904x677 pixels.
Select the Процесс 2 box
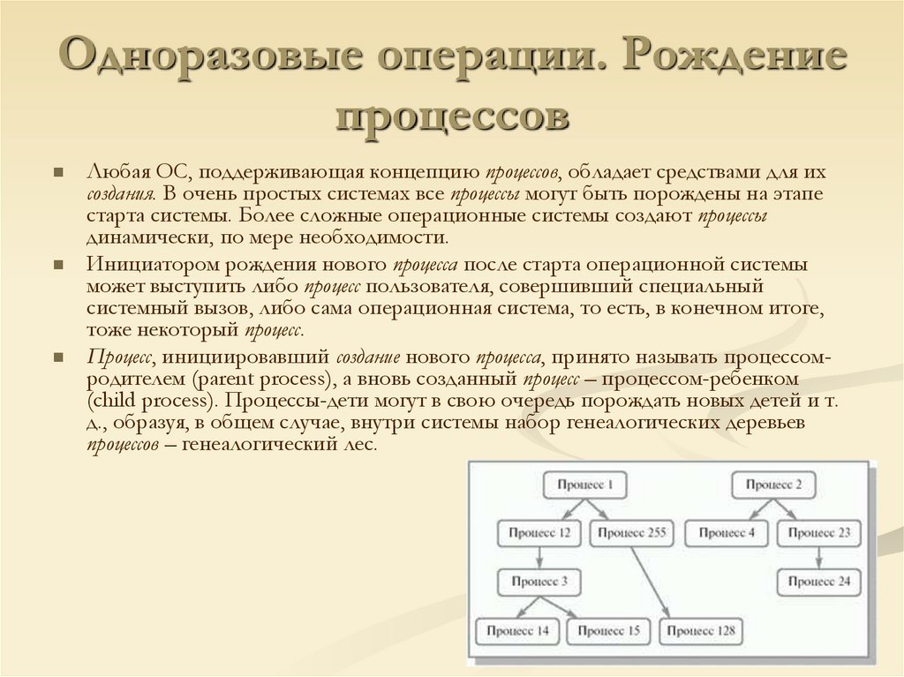773,485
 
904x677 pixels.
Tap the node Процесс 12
539,533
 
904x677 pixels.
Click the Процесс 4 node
727,533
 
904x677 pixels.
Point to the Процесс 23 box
818,533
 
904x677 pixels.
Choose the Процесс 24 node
818,582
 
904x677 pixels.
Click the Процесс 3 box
539,582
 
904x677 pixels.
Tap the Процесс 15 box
608,631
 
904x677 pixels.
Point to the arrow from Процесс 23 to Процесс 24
818,557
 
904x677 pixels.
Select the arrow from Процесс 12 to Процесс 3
539,557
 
